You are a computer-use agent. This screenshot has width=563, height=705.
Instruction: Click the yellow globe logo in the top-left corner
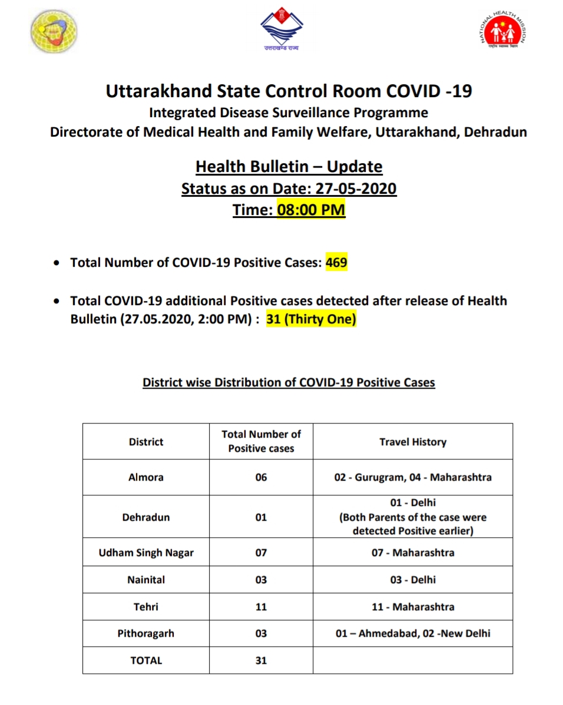click(x=54, y=31)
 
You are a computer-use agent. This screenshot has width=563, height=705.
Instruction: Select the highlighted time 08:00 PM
click(x=311, y=210)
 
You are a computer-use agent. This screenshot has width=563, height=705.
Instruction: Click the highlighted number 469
click(x=336, y=263)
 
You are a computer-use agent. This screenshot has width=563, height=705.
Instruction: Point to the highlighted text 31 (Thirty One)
click(x=312, y=320)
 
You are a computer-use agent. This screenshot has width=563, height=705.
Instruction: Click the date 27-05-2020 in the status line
click(x=356, y=189)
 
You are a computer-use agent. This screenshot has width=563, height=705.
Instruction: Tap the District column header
click(x=146, y=442)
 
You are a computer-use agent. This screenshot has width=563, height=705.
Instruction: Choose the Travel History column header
click(x=413, y=442)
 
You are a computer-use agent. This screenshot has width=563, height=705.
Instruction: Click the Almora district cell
click(x=146, y=477)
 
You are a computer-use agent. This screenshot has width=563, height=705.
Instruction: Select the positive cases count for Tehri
click(x=261, y=607)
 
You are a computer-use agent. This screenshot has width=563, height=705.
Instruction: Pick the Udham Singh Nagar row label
click(x=146, y=552)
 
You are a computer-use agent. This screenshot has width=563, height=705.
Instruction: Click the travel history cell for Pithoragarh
click(x=413, y=634)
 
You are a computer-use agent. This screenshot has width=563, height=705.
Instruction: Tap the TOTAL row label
click(x=146, y=660)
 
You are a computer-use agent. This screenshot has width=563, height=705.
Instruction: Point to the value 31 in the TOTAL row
click(x=261, y=660)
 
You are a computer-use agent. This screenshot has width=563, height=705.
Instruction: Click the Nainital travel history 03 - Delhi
click(x=413, y=580)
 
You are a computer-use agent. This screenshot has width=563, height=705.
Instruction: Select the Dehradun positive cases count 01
click(x=261, y=517)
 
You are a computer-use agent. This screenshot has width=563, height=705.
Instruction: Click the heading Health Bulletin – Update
click(x=289, y=167)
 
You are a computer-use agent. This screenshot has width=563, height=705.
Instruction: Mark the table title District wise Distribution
click(x=289, y=382)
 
